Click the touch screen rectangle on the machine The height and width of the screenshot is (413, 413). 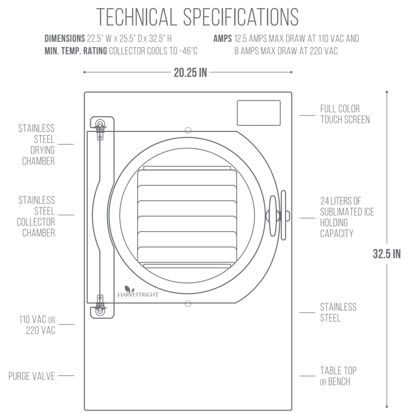259,113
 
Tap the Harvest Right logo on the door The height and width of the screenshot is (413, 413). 138,292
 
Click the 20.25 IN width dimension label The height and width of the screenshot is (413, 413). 190,73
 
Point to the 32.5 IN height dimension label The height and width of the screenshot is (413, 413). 387,254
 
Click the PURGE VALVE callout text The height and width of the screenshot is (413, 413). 32,376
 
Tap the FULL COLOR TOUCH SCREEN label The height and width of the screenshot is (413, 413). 344,114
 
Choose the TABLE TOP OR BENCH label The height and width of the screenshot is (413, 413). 338,376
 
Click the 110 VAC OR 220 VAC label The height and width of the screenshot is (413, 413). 37,325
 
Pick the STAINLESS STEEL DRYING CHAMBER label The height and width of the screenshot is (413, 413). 37,145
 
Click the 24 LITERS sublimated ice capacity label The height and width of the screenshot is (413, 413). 347,217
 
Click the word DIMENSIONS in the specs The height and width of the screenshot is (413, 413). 65,39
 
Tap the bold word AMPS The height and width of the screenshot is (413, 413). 222,39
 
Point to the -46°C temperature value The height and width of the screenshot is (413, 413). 190,51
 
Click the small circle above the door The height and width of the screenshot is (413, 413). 188,130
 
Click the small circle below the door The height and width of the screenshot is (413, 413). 188,303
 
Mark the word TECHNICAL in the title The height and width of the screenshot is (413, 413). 137,17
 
